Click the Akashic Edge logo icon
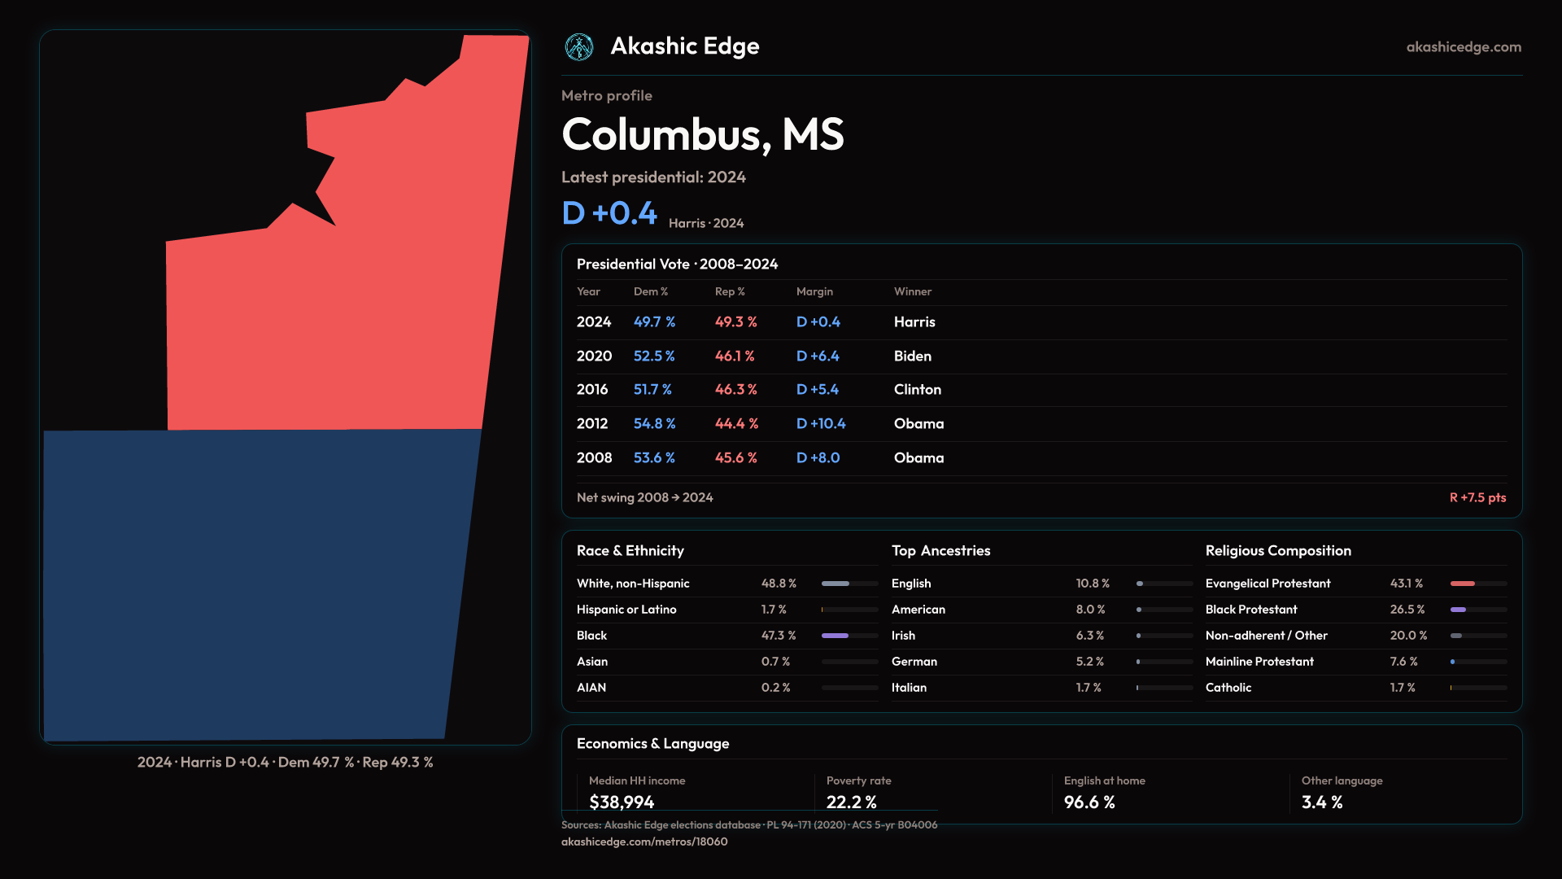point(579,47)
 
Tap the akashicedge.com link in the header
point(1464,47)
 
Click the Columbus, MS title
point(703,134)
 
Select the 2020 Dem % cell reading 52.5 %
point(654,356)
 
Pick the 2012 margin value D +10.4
point(821,424)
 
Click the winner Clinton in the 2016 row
point(918,390)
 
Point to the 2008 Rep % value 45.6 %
point(735,458)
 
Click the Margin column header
point(814,291)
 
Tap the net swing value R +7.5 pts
point(1477,497)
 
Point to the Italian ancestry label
point(909,688)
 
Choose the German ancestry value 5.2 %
point(1090,662)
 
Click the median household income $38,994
point(622,802)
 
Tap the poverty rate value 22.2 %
point(852,802)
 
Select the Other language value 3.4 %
point(1322,802)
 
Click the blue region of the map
point(260,586)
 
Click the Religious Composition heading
point(1278,551)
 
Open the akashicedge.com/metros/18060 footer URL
point(644,842)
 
